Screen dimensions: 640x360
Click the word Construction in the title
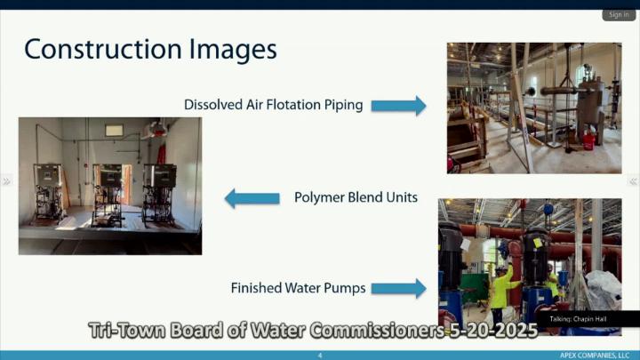click(103, 49)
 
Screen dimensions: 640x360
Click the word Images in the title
click(233, 50)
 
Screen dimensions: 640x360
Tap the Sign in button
click(619, 15)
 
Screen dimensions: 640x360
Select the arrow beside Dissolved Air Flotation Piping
click(398, 106)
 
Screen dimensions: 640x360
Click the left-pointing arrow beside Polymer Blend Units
click(252, 198)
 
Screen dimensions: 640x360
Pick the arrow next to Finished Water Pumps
click(398, 289)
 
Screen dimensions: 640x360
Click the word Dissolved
click(213, 105)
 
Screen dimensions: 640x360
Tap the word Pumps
click(345, 288)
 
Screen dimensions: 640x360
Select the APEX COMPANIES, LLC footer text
click(595, 356)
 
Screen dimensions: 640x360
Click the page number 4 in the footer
click(320, 356)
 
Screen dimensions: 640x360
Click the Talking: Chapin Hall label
click(578, 319)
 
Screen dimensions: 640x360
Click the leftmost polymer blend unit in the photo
click(49, 193)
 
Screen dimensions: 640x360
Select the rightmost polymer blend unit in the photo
click(159, 195)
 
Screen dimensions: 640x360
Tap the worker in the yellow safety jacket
click(502, 291)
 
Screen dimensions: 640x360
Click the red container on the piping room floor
click(588, 140)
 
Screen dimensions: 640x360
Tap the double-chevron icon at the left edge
click(6, 180)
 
